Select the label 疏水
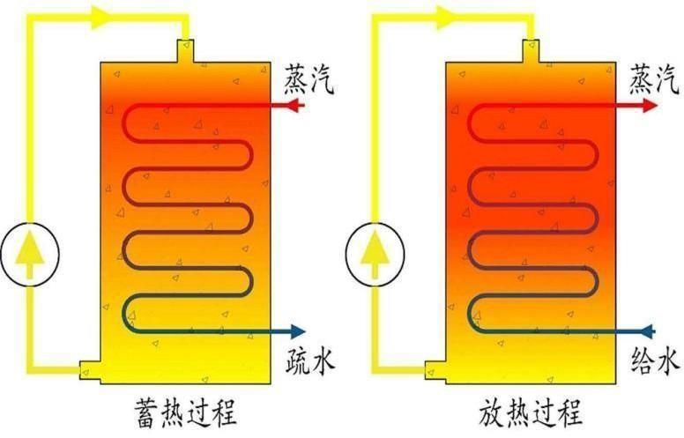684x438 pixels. [x=309, y=360]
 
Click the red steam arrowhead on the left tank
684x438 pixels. [x=295, y=105]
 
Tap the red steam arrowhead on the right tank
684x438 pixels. [x=650, y=105]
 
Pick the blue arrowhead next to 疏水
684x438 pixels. [x=296, y=332]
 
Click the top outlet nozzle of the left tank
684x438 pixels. [x=185, y=50]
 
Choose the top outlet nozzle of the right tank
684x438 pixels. [x=531, y=50]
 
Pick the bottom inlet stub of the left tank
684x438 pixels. [x=88, y=371]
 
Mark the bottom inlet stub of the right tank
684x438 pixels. [x=433, y=371]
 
